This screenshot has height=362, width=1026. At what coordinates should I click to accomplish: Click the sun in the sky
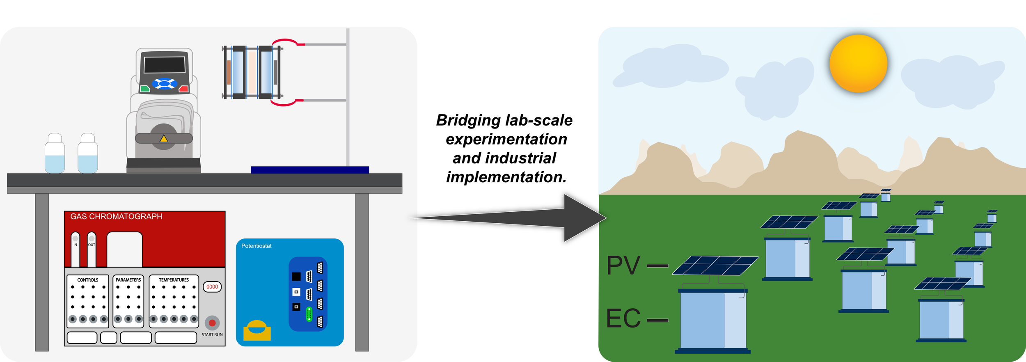[858, 64]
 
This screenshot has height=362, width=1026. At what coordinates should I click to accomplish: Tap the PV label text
[623, 266]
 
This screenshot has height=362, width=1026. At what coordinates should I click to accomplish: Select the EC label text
[623, 318]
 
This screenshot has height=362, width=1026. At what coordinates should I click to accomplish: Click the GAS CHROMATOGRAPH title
[116, 217]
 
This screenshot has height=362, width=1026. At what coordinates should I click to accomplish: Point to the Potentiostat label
[256, 246]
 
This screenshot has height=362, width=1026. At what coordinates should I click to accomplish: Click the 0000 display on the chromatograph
[212, 287]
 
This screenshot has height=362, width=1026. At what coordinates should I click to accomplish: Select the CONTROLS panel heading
[88, 280]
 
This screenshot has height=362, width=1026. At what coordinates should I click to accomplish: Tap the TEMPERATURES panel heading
[174, 280]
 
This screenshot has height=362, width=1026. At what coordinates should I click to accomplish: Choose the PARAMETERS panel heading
[128, 280]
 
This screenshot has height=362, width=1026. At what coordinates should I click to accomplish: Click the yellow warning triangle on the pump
[164, 139]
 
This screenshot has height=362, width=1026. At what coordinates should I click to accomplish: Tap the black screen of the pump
[164, 65]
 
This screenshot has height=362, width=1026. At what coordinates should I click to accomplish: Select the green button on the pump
[145, 89]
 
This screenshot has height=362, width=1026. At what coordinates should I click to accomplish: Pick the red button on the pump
[183, 89]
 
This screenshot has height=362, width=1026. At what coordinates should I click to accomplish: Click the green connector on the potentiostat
[309, 314]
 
